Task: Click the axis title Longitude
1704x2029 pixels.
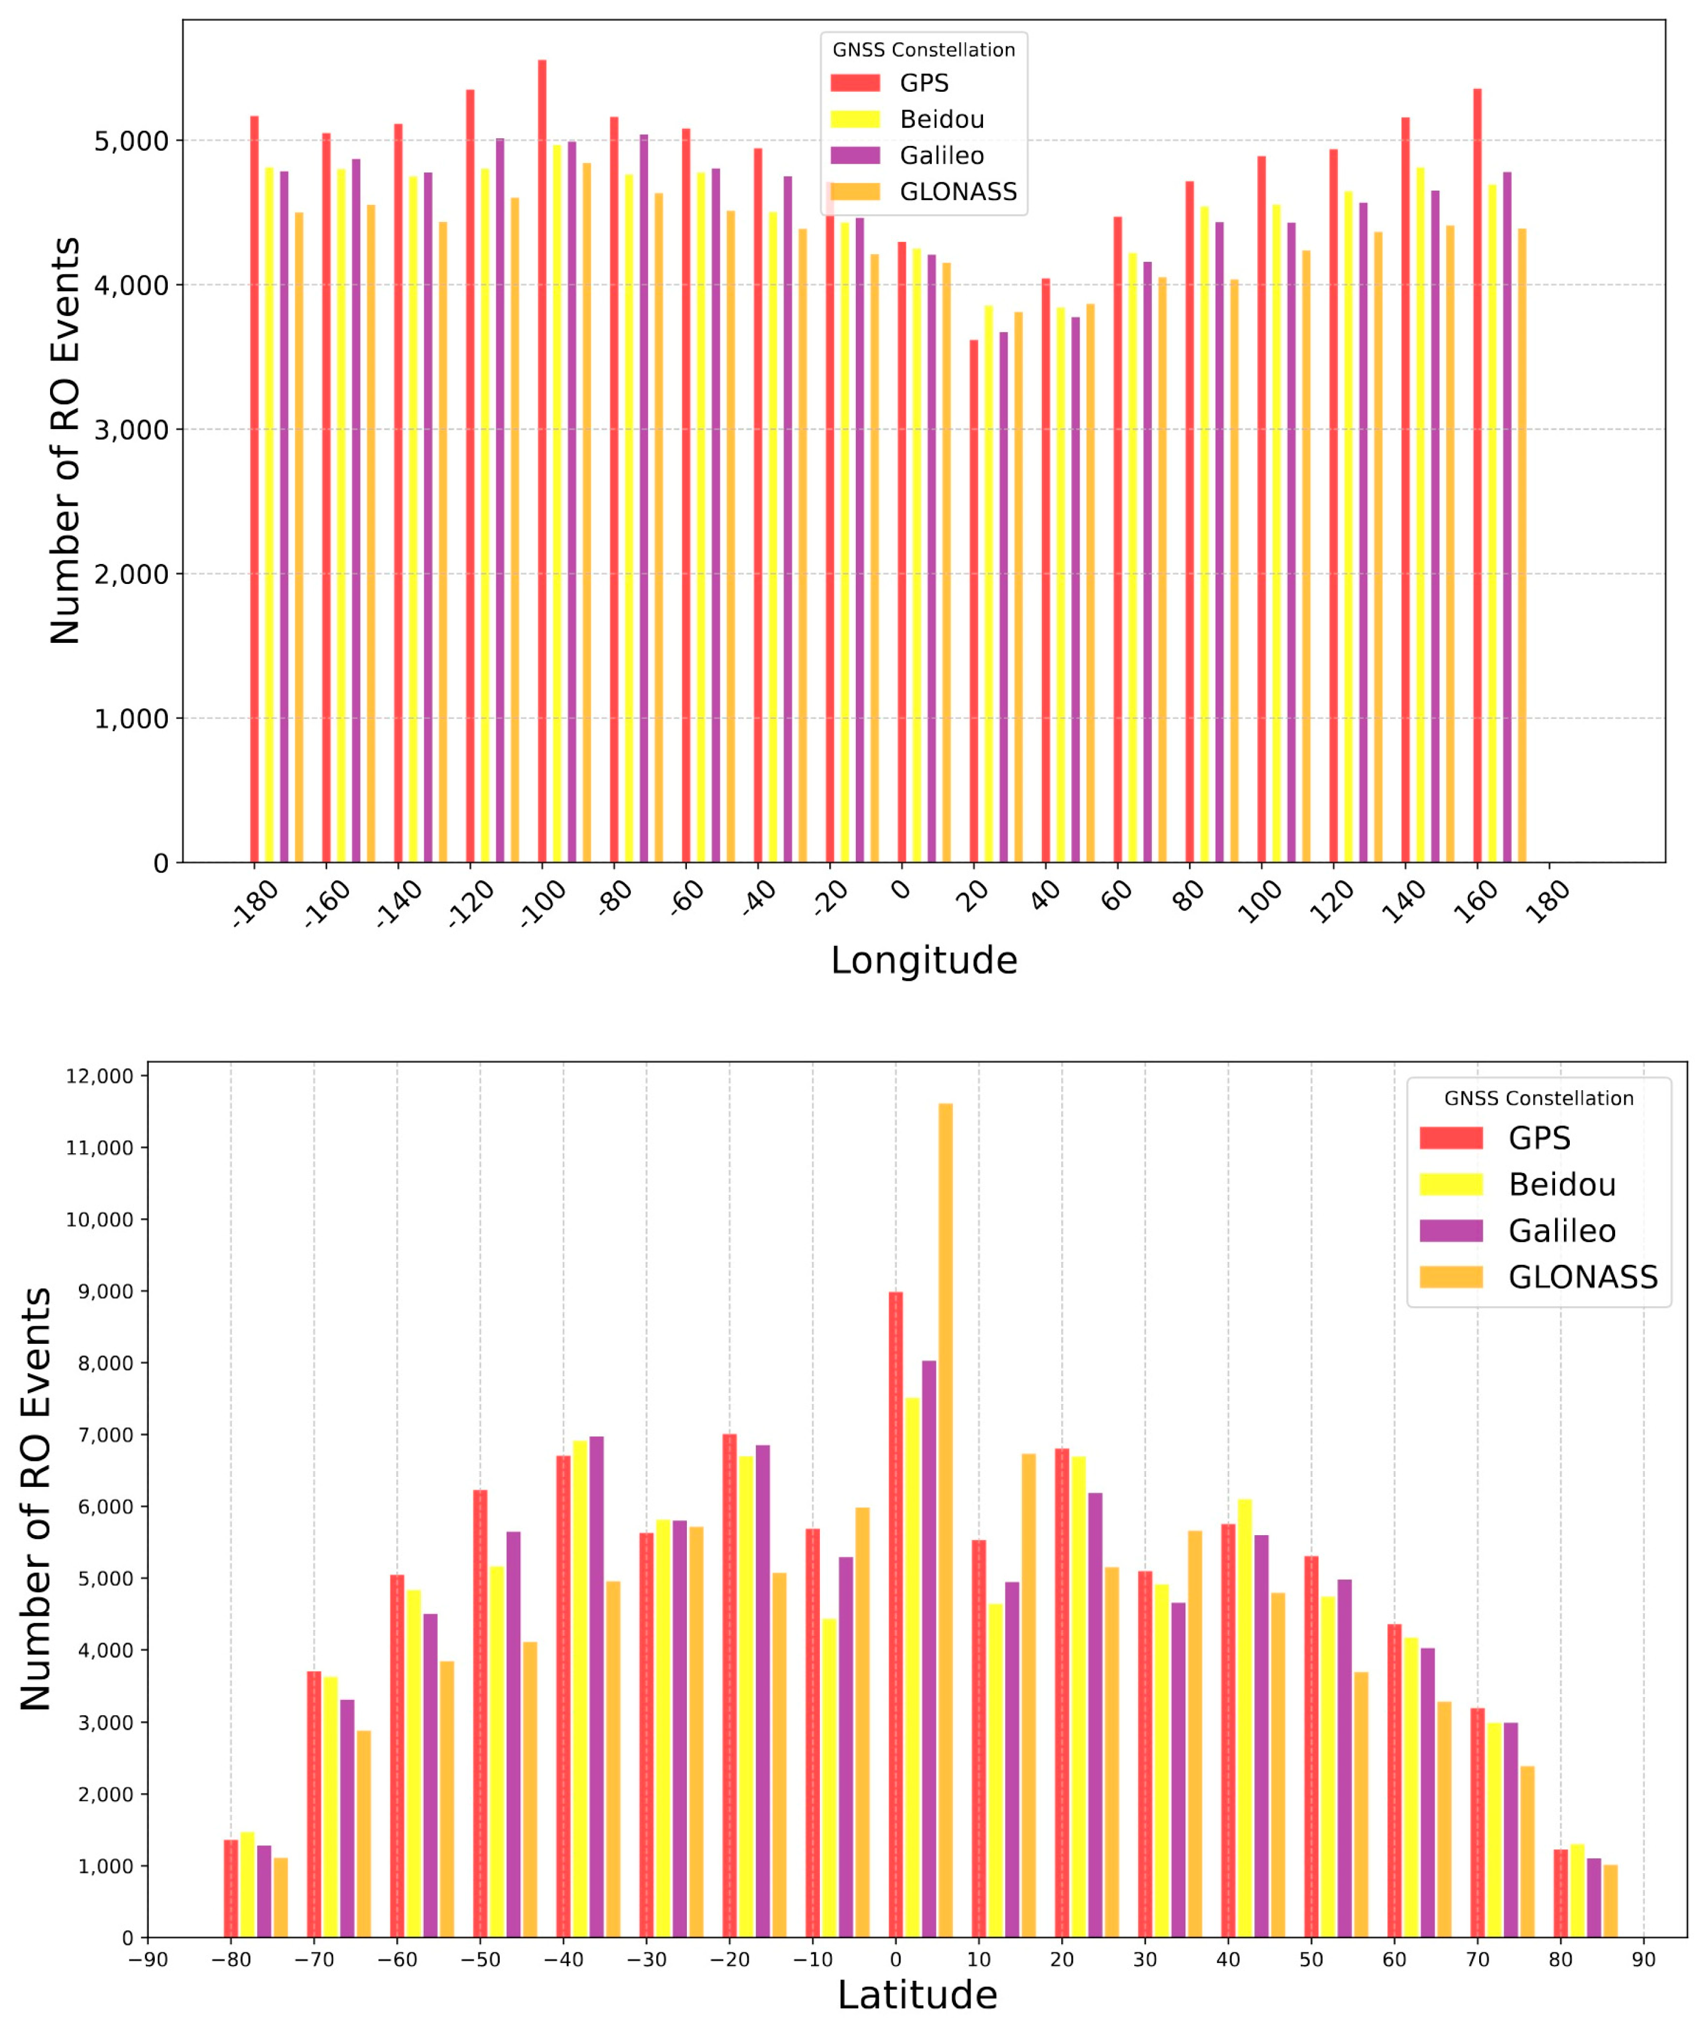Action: click(x=924, y=961)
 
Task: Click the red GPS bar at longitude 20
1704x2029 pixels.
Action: click(x=974, y=601)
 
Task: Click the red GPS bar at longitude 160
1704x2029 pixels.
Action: click(x=1477, y=476)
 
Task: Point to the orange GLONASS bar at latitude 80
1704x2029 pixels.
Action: click(x=1610, y=1901)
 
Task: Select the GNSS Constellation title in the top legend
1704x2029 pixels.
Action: click(x=924, y=50)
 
